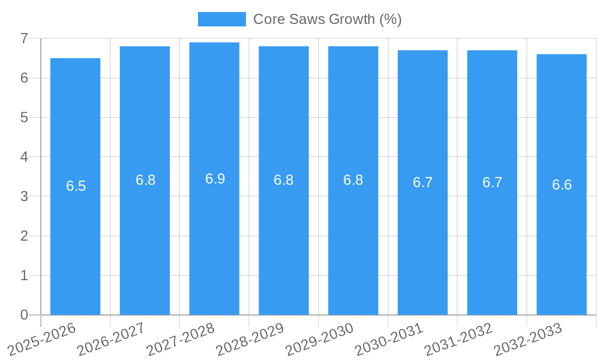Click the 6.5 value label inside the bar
pos(76,186)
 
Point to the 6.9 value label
pos(215,179)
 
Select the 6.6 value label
pos(562,185)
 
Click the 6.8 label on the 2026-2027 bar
pos(145,180)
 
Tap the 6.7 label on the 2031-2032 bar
pos(492,182)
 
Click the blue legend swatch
pos(221,19)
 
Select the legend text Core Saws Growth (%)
pos(327,19)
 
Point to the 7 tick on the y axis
pos(24,38)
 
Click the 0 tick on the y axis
pos(24,315)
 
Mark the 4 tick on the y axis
pos(24,157)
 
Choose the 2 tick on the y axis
pos(24,236)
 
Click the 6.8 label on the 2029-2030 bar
pos(353,180)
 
